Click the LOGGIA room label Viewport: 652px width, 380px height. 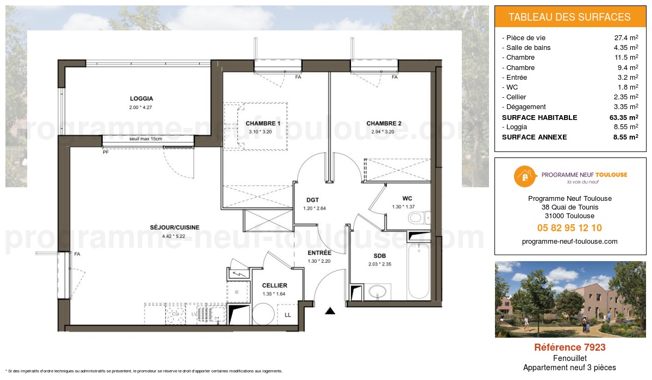click(x=141, y=99)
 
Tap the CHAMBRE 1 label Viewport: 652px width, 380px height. click(x=263, y=123)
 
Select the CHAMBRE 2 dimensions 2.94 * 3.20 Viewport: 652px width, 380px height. click(x=384, y=131)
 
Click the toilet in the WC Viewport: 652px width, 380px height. click(x=416, y=219)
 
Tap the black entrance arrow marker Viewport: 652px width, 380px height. click(x=330, y=311)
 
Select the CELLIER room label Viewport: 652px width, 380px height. click(x=274, y=286)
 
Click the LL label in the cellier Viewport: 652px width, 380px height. click(x=289, y=315)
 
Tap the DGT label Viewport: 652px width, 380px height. click(x=312, y=200)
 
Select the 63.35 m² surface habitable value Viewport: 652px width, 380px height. click(x=623, y=117)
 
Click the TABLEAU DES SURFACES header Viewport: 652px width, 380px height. click(x=569, y=17)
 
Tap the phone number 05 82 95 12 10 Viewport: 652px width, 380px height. click(x=569, y=228)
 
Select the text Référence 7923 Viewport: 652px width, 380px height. click(x=569, y=347)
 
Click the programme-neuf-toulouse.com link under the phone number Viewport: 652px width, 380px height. click(x=569, y=242)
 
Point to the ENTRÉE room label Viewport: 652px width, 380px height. click(x=320, y=253)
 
